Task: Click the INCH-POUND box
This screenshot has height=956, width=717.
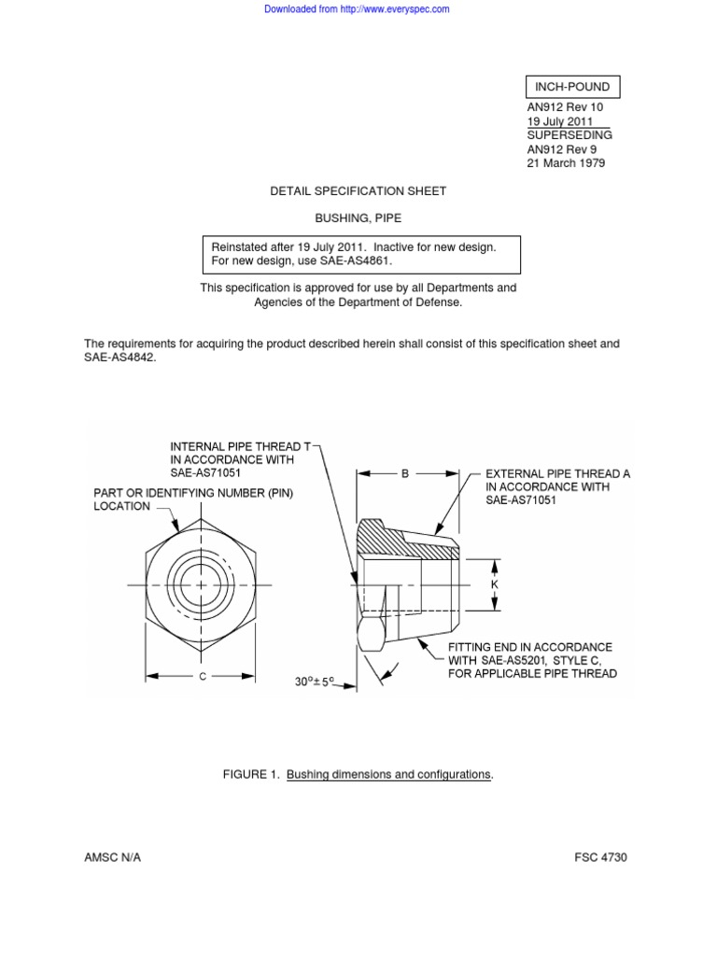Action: point(573,87)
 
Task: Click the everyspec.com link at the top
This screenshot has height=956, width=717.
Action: point(357,9)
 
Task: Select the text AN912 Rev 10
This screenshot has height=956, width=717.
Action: point(565,107)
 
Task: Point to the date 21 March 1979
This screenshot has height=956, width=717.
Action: point(566,162)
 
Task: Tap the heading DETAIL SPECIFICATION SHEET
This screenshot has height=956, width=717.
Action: point(358,190)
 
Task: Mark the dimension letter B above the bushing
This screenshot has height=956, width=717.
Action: point(405,474)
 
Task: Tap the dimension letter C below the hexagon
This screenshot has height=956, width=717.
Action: point(202,677)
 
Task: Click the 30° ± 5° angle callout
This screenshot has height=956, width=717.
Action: point(315,682)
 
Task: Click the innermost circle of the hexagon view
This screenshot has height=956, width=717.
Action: point(202,585)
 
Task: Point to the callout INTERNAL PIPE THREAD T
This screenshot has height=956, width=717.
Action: point(240,446)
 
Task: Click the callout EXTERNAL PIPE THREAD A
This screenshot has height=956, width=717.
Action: point(557,474)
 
